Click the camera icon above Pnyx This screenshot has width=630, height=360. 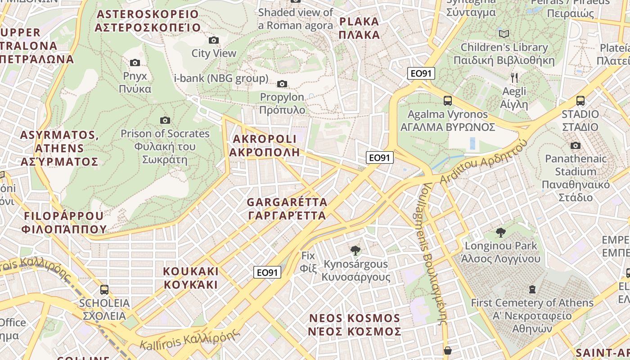(x=135, y=63)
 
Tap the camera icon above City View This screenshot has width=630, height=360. (x=214, y=40)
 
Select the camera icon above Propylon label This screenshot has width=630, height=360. (x=282, y=84)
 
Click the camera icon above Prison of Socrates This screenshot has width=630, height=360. (x=165, y=120)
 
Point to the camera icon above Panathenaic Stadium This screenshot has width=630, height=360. (x=575, y=145)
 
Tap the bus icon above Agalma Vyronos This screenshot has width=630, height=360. (x=447, y=101)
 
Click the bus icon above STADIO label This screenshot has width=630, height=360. (x=580, y=101)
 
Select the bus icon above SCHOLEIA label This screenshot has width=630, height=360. (x=104, y=289)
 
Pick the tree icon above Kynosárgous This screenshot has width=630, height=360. (x=355, y=250)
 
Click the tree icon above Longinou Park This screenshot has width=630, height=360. (x=500, y=233)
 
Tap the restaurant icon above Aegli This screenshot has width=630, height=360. (x=514, y=78)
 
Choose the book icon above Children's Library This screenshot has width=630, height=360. (x=504, y=34)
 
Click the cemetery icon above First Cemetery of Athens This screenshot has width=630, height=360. (x=532, y=289)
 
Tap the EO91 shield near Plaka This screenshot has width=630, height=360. (x=421, y=73)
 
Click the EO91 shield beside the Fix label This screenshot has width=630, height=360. (x=267, y=272)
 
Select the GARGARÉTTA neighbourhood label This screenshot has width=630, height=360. (x=287, y=209)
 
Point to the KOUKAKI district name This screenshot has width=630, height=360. (x=191, y=278)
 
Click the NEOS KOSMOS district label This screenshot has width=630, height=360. (x=355, y=325)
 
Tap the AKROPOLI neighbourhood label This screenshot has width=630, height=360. (x=264, y=145)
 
